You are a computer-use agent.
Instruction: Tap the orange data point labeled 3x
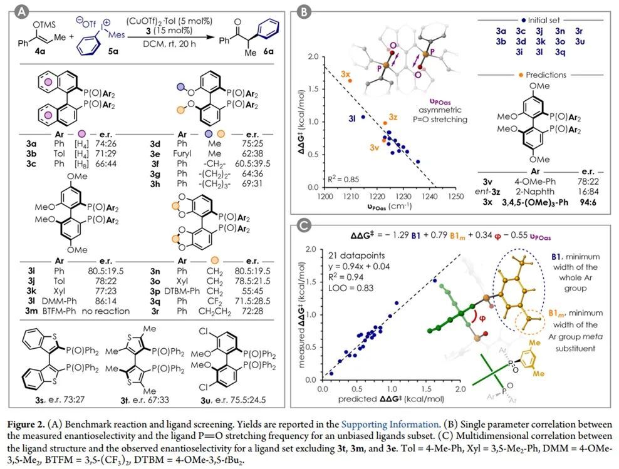point(351,80)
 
